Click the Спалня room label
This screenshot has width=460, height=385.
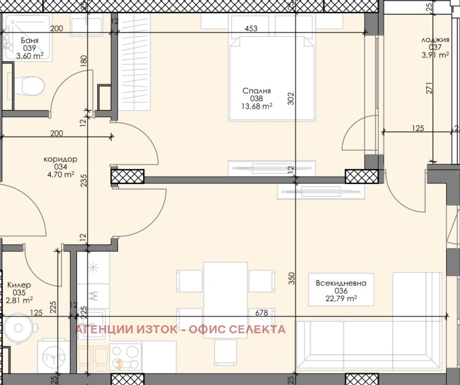click(x=256, y=91)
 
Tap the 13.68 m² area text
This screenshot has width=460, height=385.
click(x=256, y=106)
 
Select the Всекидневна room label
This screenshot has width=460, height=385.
click(x=341, y=283)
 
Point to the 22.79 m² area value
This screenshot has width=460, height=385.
click(x=341, y=298)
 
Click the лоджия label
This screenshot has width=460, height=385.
click(x=435, y=40)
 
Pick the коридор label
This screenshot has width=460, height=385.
click(x=60, y=159)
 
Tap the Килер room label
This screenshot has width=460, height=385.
click(x=19, y=284)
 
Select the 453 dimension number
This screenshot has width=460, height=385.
click(x=250, y=28)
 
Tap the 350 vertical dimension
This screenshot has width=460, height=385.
click(x=291, y=279)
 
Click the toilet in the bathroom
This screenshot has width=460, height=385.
click(x=29, y=86)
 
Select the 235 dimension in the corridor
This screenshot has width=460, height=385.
click(x=84, y=181)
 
